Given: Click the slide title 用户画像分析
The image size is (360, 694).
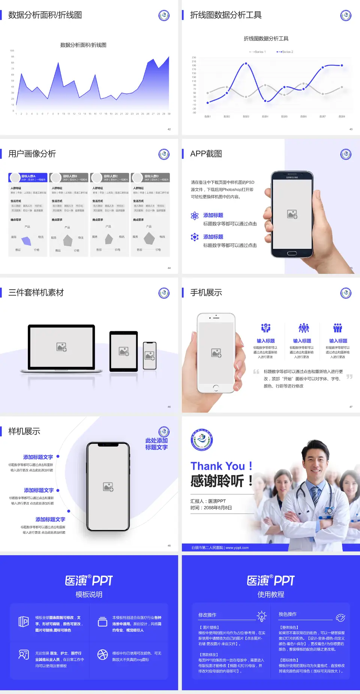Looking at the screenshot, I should (32, 154).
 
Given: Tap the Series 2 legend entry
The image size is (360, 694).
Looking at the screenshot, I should (286, 52).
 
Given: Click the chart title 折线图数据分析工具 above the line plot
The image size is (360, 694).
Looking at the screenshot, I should (266, 39).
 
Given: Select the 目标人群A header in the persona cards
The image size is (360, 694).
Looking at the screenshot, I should (28, 176).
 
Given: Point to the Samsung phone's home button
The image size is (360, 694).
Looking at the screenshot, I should (292, 253).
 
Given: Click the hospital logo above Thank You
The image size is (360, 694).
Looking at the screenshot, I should (202, 440).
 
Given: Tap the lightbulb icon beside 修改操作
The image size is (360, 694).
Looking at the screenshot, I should (261, 616).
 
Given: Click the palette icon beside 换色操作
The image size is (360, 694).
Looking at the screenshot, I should (340, 617).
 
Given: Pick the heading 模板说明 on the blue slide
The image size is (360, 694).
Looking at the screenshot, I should (89, 595).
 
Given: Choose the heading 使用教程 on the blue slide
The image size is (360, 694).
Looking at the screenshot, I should (271, 595).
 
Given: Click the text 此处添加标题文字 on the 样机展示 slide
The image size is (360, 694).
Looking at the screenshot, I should (156, 444).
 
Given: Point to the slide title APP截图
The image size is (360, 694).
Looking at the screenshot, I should (206, 154).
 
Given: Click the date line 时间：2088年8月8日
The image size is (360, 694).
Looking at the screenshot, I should (211, 508).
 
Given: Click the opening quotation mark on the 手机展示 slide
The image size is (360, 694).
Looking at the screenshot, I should (256, 372).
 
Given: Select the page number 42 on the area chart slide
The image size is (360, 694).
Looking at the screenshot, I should (169, 129).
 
